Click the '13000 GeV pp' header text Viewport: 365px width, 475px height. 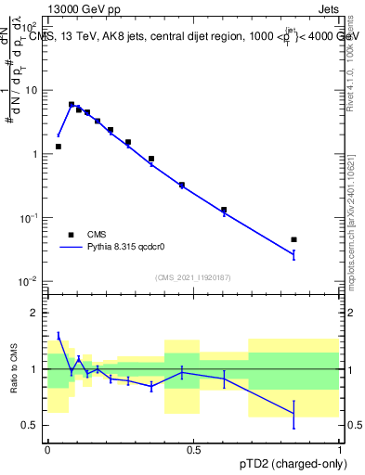click(x=83, y=8)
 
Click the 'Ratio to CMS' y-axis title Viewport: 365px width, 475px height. click(x=13, y=368)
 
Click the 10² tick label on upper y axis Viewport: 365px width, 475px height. click(x=32, y=28)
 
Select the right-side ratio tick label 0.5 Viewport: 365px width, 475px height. click(x=353, y=425)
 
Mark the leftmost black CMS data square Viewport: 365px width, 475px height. click(x=59, y=147)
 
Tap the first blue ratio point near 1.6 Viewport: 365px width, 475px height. click(x=59, y=336)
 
